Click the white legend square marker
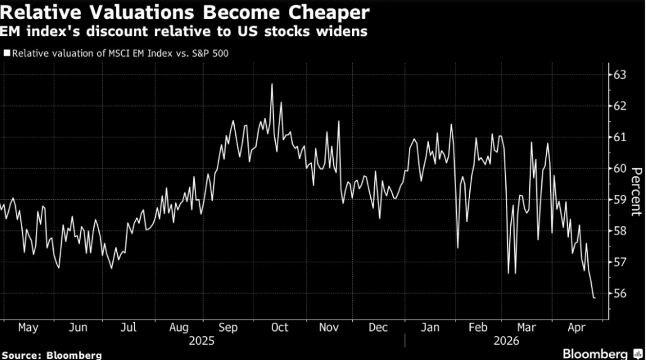(x=6, y=53)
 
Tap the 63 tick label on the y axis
(x=620, y=75)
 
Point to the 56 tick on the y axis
(x=620, y=293)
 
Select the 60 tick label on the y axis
(x=620, y=168)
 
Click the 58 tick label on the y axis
(x=620, y=231)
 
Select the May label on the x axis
(x=28, y=327)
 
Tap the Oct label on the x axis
(x=279, y=327)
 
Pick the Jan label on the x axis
(x=430, y=327)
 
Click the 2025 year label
(x=202, y=340)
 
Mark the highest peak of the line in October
(x=272, y=84)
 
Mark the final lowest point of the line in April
(x=594, y=298)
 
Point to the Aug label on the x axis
(x=179, y=327)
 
